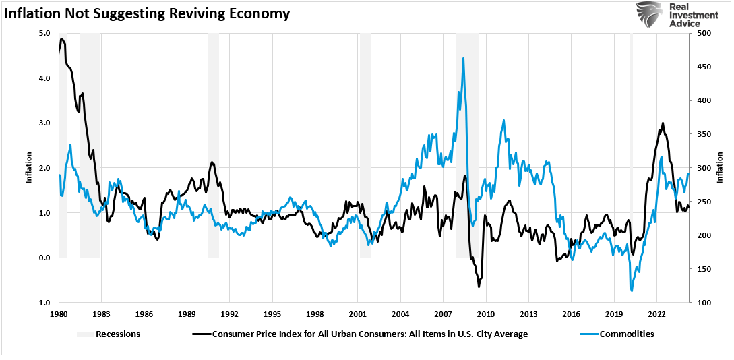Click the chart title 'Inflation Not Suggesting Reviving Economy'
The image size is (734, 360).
point(147,13)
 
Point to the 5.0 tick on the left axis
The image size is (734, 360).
point(44,33)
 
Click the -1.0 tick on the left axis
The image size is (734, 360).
point(43,303)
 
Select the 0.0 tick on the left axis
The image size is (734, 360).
point(44,258)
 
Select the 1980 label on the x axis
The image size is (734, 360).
point(59,314)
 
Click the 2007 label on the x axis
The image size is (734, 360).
point(443,314)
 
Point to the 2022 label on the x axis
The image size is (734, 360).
point(656,314)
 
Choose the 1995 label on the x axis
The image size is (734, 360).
point(272,314)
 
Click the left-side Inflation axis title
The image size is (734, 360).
point(29,168)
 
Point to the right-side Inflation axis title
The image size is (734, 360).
point(720,168)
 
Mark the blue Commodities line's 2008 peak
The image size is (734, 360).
point(463,58)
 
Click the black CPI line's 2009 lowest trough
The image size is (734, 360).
point(479,287)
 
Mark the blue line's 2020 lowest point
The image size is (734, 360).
point(632,291)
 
